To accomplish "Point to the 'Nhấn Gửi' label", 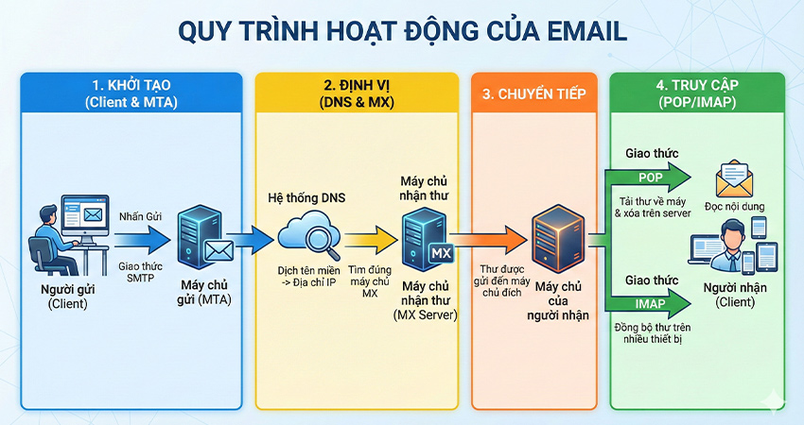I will pyautogui.click(x=140, y=216).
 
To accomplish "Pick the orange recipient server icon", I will pyautogui.click(x=552, y=239).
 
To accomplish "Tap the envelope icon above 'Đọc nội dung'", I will pyautogui.click(x=734, y=177).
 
